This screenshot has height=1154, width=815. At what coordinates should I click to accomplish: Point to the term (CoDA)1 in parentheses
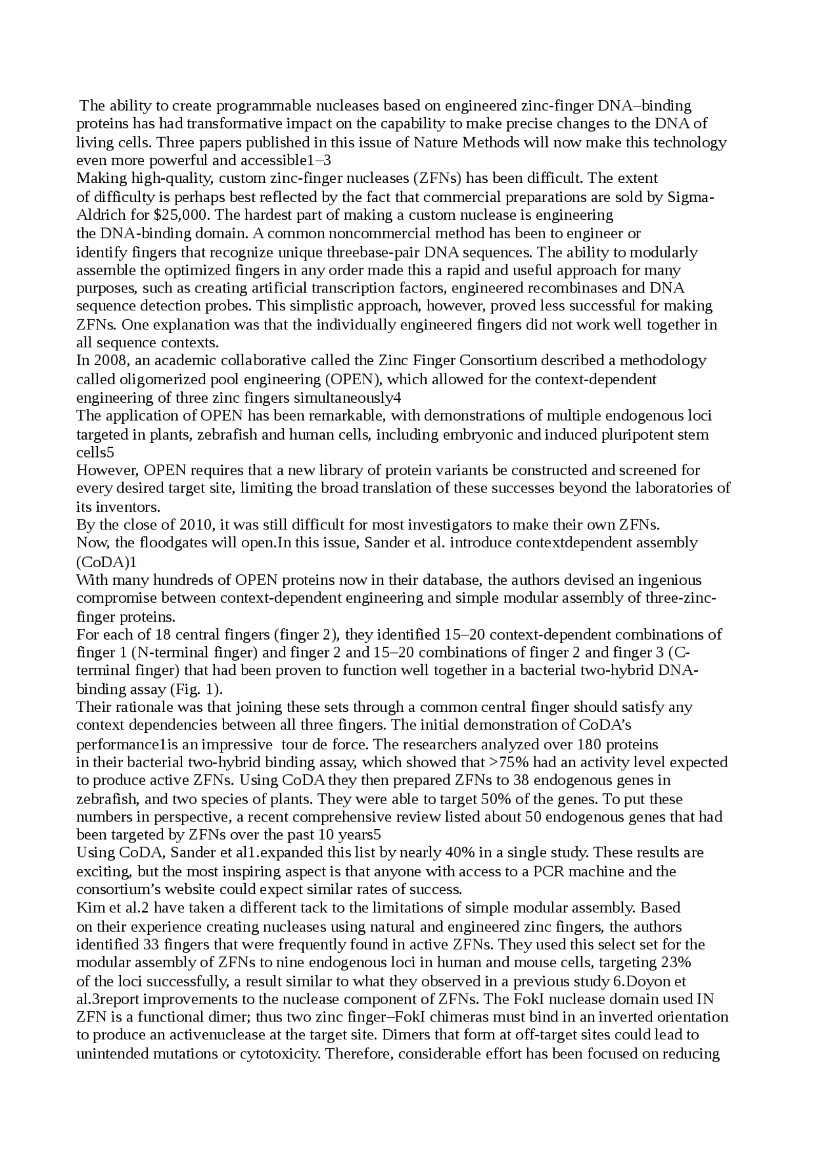pyautogui.click(x=106, y=562)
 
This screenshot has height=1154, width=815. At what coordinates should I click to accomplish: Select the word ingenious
pyautogui.click(x=670, y=580)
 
